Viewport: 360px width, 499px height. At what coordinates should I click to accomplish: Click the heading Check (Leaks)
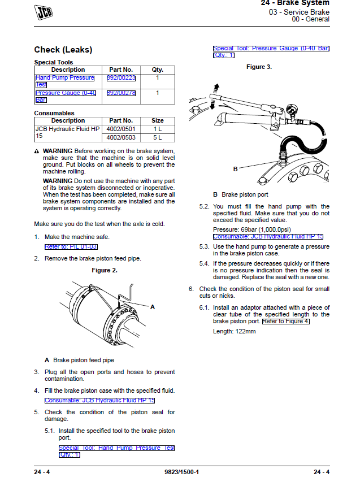(63, 50)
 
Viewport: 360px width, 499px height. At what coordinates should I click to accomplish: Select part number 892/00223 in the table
(121, 78)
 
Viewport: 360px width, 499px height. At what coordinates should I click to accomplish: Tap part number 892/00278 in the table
(121, 93)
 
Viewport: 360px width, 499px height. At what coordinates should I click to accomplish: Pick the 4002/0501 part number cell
(121, 129)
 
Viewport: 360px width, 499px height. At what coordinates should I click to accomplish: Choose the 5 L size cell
(158, 137)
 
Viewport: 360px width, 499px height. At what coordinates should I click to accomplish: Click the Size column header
(158, 120)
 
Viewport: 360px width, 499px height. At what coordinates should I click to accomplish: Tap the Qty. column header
(158, 70)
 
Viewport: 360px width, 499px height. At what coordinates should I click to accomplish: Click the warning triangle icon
(37, 152)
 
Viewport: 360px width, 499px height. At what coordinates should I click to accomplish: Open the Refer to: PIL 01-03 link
(71, 247)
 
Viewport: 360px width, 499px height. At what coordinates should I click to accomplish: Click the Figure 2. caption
(105, 271)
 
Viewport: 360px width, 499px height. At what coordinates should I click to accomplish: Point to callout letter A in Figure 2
(152, 306)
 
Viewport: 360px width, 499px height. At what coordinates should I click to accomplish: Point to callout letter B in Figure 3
(235, 169)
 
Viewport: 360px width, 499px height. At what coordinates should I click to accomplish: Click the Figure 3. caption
(259, 67)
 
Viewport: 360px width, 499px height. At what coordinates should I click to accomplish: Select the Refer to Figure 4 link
(286, 322)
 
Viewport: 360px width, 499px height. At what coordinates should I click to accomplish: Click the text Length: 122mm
(234, 331)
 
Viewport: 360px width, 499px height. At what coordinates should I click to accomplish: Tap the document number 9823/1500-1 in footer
(181, 472)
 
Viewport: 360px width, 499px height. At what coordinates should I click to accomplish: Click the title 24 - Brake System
(295, 3)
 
